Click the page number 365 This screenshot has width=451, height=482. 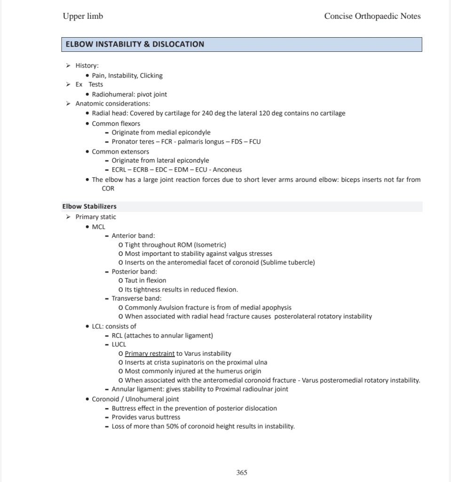pyautogui.click(x=242, y=472)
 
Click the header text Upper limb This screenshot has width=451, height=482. pyautogui.click(x=83, y=16)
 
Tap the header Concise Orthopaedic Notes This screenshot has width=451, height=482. pyautogui.click(x=372, y=16)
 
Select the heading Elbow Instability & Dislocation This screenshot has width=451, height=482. pyautogui.click(x=135, y=44)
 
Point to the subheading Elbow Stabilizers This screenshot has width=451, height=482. pyautogui.click(x=89, y=206)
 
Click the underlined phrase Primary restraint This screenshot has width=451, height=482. pyautogui.click(x=150, y=353)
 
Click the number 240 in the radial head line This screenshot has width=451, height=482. pyautogui.click(x=207, y=113)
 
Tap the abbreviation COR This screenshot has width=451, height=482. pyautogui.click(x=108, y=188)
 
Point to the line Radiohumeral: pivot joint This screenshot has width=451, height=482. pyautogui.click(x=129, y=94)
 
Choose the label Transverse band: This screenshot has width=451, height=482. pyautogui.click(x=136, y=298)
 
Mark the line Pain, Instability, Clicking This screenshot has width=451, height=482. pyautogui.click(x=127, y=75)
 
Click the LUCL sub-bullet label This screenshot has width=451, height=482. pyautogui.click(x=119, y=344)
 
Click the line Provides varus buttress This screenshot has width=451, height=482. pyautogui.click(x=146, y=417)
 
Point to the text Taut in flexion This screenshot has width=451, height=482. pyautogui.click(x=145, y=280)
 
